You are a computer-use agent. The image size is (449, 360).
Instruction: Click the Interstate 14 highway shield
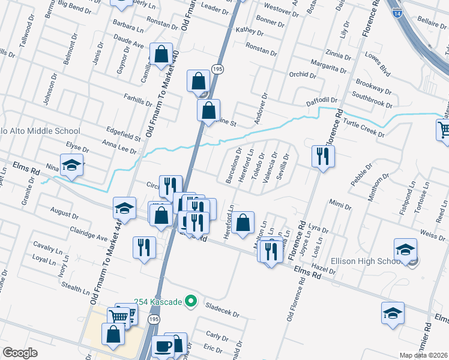click(x=397, y=11)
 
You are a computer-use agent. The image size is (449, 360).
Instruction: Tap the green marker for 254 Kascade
click(x=191, y=301)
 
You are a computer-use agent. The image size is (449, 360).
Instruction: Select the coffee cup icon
click(x=163, y=346)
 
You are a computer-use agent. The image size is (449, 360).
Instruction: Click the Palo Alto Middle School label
click(x=40, y=131)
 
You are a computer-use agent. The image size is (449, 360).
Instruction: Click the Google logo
click(x=20, y=353)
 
